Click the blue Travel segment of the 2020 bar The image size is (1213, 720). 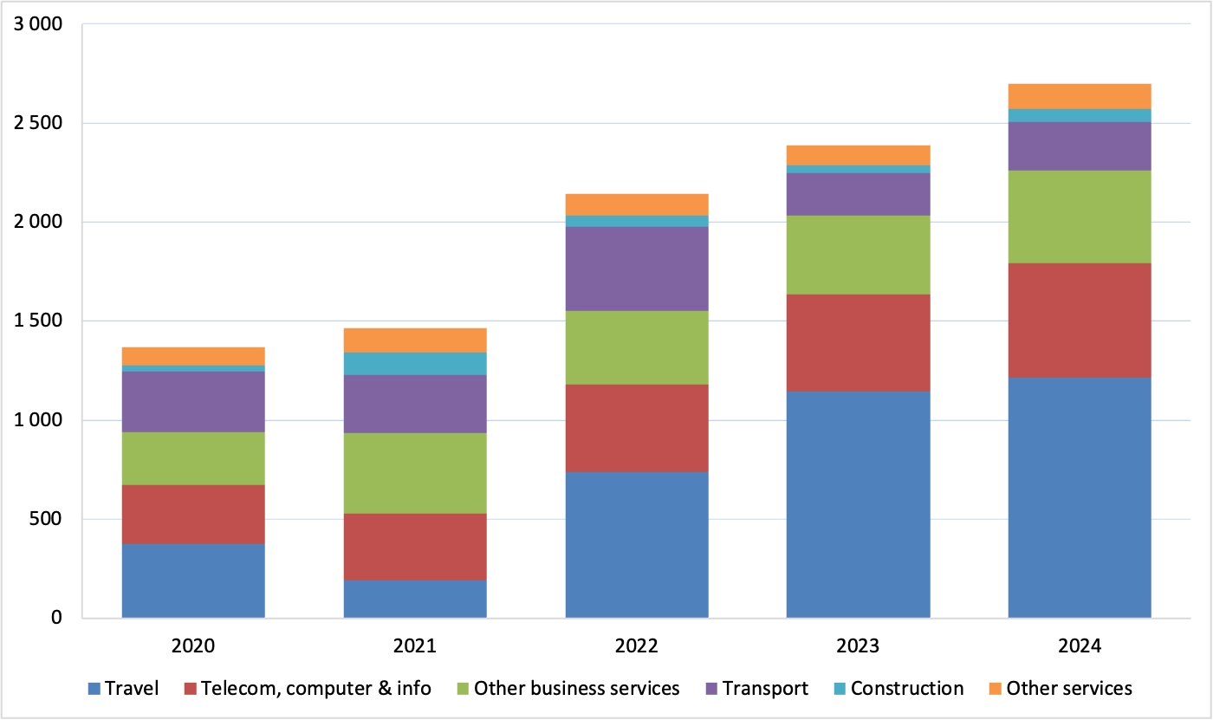tap(193, 581)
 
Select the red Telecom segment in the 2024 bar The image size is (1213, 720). tap(1080, 321)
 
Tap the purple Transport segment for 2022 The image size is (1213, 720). tap(637, 269)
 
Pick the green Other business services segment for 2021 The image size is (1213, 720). tap(415, 473)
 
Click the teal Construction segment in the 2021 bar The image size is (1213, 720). tap(415, 364)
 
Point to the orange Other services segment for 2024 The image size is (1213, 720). tap(1080, 96)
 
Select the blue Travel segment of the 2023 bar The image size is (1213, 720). tap(859, 504)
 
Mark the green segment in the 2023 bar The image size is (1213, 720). tap(859, 255)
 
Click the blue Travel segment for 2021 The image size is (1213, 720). tap(415, 599)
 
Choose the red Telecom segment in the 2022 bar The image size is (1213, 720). tap(637, 428)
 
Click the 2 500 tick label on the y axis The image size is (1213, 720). tap(38, 123)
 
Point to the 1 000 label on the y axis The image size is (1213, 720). tap(38, 420)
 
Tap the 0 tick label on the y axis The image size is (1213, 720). tap(56, 618)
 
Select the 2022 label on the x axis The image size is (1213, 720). tap(637, 645)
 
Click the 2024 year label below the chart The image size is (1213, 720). tap(1080, 645)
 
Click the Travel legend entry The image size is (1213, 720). tap(123, 689)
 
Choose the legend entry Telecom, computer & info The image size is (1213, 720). tap(308, 689)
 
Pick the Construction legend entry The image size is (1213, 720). tap(899, 689)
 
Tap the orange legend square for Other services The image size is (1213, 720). tap(996, 689)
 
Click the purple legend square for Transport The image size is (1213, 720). tap(712, 689)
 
